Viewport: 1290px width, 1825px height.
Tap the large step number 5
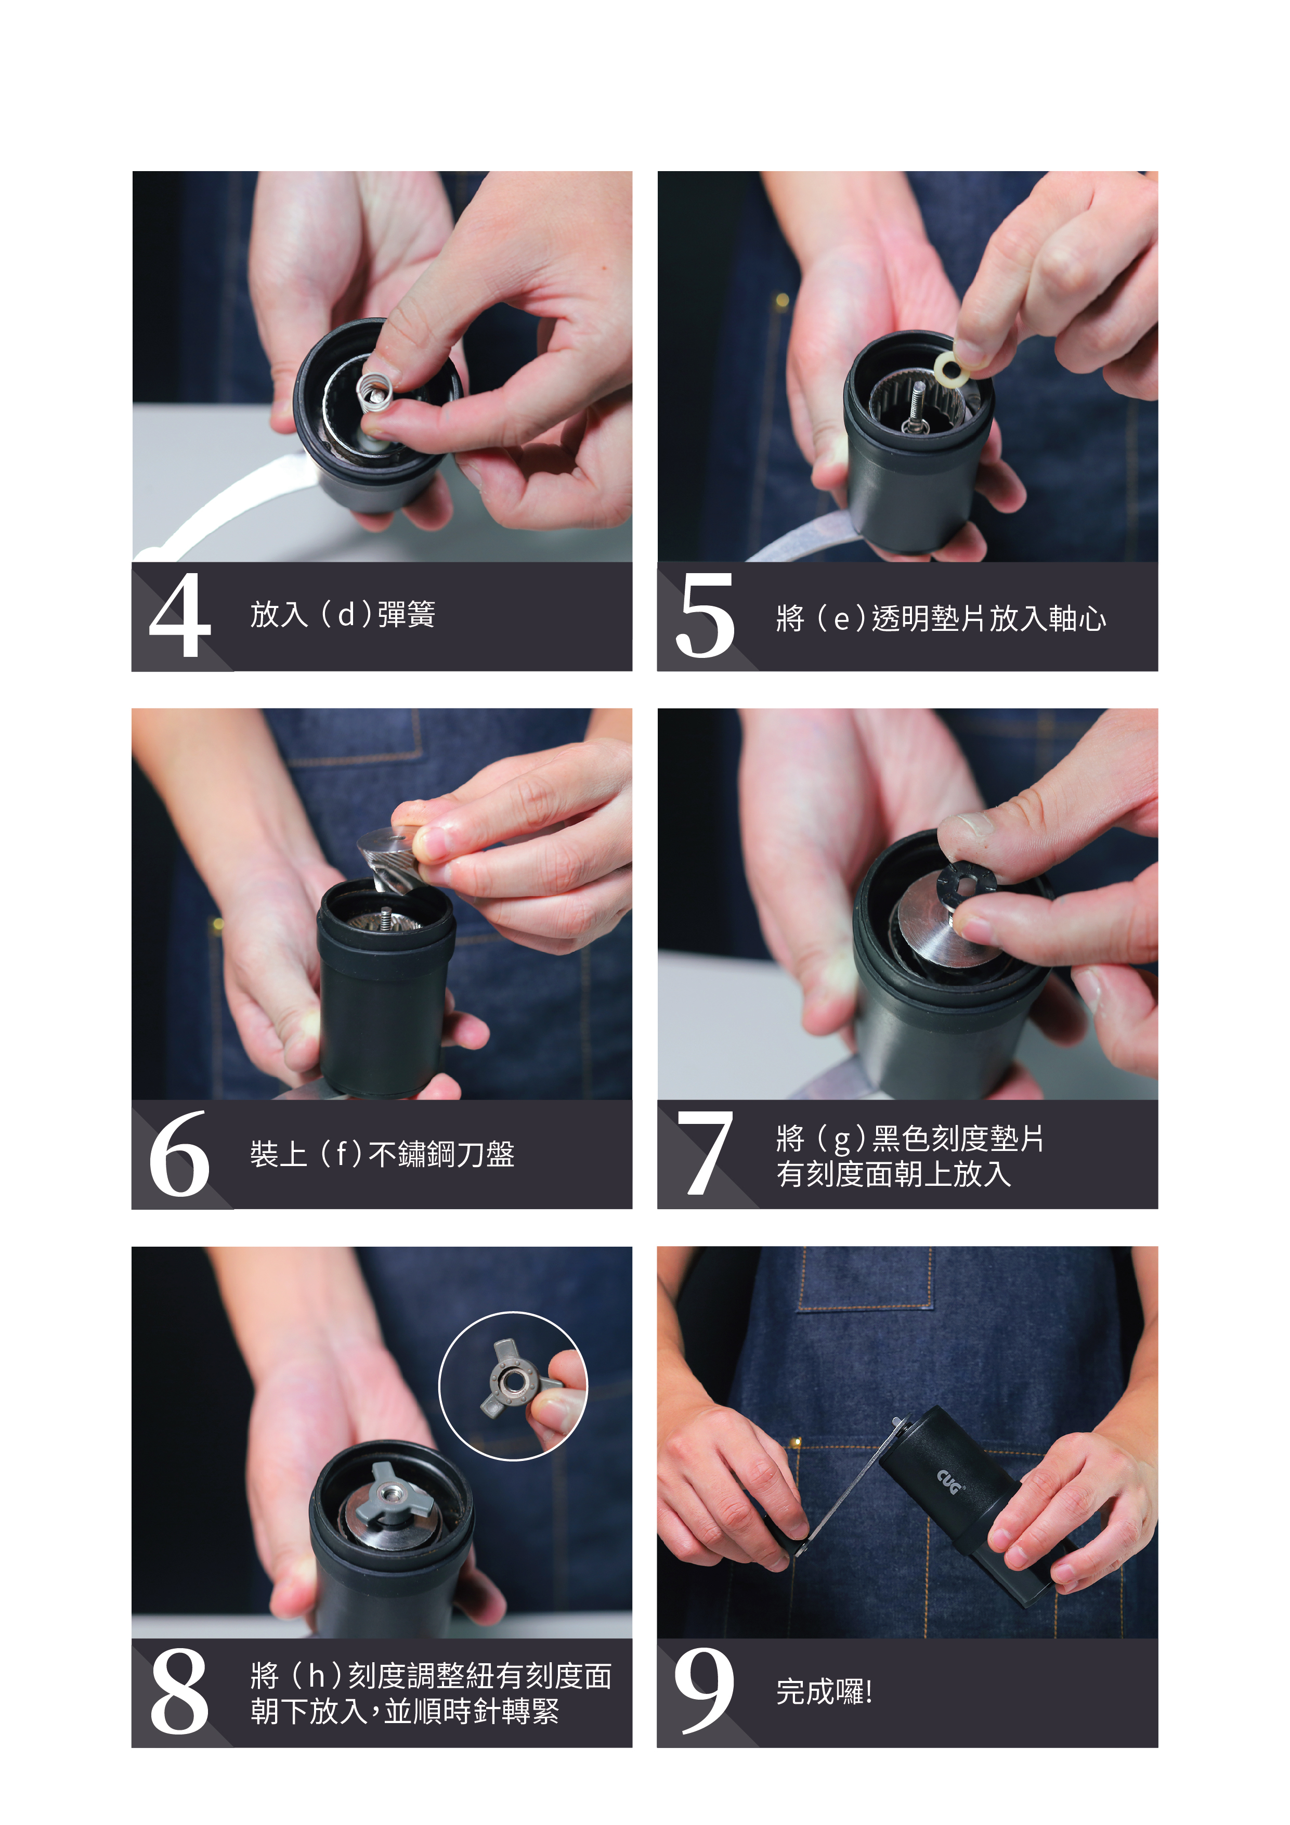[x=705, y=616]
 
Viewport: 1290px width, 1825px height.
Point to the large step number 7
[x=705, y=1154]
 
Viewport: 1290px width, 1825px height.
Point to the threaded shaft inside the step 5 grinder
[x=919, y=405]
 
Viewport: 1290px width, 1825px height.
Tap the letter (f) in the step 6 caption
[x=342, y=1154]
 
